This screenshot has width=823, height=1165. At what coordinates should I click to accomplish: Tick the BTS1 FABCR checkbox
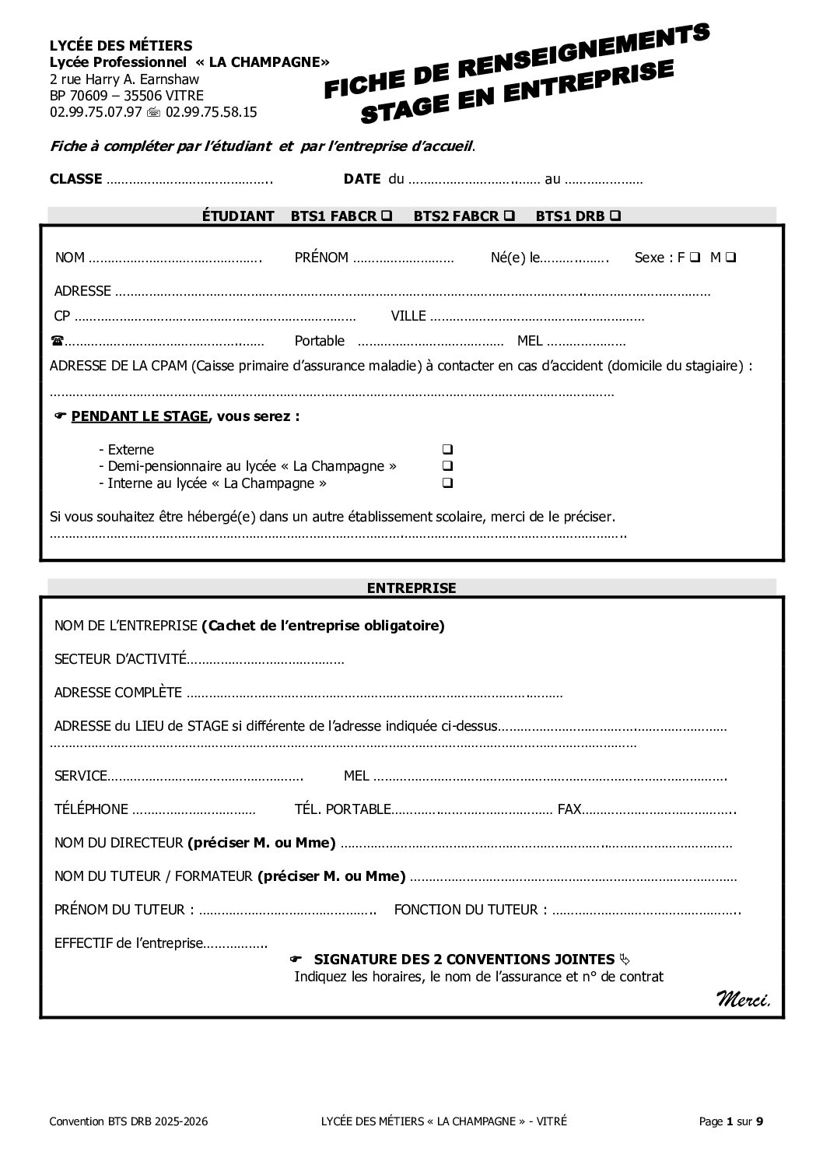387,216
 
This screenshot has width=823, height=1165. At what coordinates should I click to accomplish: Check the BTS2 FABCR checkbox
510,216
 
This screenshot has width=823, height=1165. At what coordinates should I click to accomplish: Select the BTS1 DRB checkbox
615,216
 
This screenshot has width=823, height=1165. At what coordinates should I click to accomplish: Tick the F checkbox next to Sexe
694,258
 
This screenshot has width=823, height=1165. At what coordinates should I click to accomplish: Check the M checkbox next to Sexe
731,258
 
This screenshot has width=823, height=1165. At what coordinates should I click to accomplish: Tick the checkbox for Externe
447,450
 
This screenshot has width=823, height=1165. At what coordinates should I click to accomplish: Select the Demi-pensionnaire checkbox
447,466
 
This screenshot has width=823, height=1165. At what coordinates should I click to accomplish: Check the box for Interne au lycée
447,483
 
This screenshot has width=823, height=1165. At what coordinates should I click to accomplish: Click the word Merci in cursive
743,998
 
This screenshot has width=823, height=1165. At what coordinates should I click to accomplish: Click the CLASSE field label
75,179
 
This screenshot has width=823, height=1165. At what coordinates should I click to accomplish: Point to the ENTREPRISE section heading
411,588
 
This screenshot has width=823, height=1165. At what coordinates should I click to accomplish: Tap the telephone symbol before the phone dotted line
57,341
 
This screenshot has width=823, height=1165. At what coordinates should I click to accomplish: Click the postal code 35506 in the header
123,96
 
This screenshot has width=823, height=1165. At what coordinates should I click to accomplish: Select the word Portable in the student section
319,341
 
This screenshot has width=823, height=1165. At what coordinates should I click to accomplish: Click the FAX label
569,809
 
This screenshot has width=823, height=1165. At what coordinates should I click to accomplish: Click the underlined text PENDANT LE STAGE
140,416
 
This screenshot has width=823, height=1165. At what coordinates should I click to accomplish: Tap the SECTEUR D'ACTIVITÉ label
121,659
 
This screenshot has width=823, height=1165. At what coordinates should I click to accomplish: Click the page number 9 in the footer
760,1121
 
